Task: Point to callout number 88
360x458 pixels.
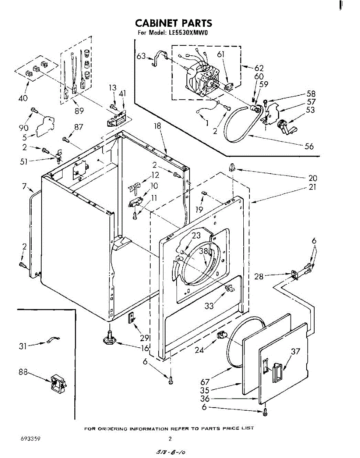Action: pyautogui.click(x=23, y=372)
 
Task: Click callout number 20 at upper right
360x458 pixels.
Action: pyautogui.click(x=313, y=178)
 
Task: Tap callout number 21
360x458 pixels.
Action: pyautogui.click(x=313, y=187)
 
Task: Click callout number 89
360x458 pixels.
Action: pyautogui.click(x=79, y=111)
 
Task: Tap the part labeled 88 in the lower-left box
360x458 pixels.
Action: pyautogui.click(x=58, y=384)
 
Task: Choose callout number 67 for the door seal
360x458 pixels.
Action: pyautogui.click(x=205, y=382)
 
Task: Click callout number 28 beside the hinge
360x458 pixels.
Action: pyautogui.click(x=259, y=276)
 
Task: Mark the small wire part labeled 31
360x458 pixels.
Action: pyautogui.click(x=52, y=340)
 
